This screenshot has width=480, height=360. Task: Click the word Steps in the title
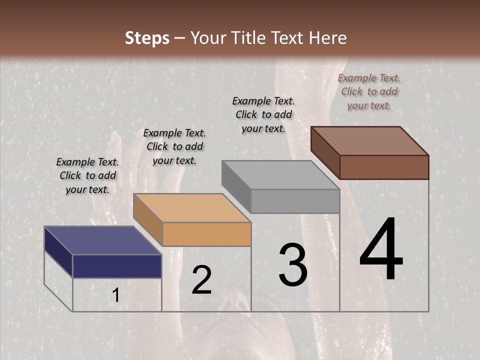point(147,38)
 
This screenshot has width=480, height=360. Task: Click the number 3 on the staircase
point(293,265)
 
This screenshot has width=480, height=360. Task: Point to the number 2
point(202,280)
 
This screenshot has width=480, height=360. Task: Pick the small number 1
point(116,295)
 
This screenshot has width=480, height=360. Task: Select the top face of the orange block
point(192,208)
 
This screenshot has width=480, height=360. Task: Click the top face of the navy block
point(103,240)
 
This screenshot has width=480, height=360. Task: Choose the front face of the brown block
point(384,167)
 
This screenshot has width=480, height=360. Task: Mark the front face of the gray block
point(295,201)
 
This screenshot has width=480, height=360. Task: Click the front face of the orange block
point(206,234)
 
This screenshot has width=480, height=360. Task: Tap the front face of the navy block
point(117,266)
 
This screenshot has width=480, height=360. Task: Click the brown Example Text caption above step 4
point(369,91)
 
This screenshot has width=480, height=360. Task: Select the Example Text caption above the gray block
point(263,114)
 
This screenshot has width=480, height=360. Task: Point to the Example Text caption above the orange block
point(174,146)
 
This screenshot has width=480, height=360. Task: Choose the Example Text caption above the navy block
point(87,175)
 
